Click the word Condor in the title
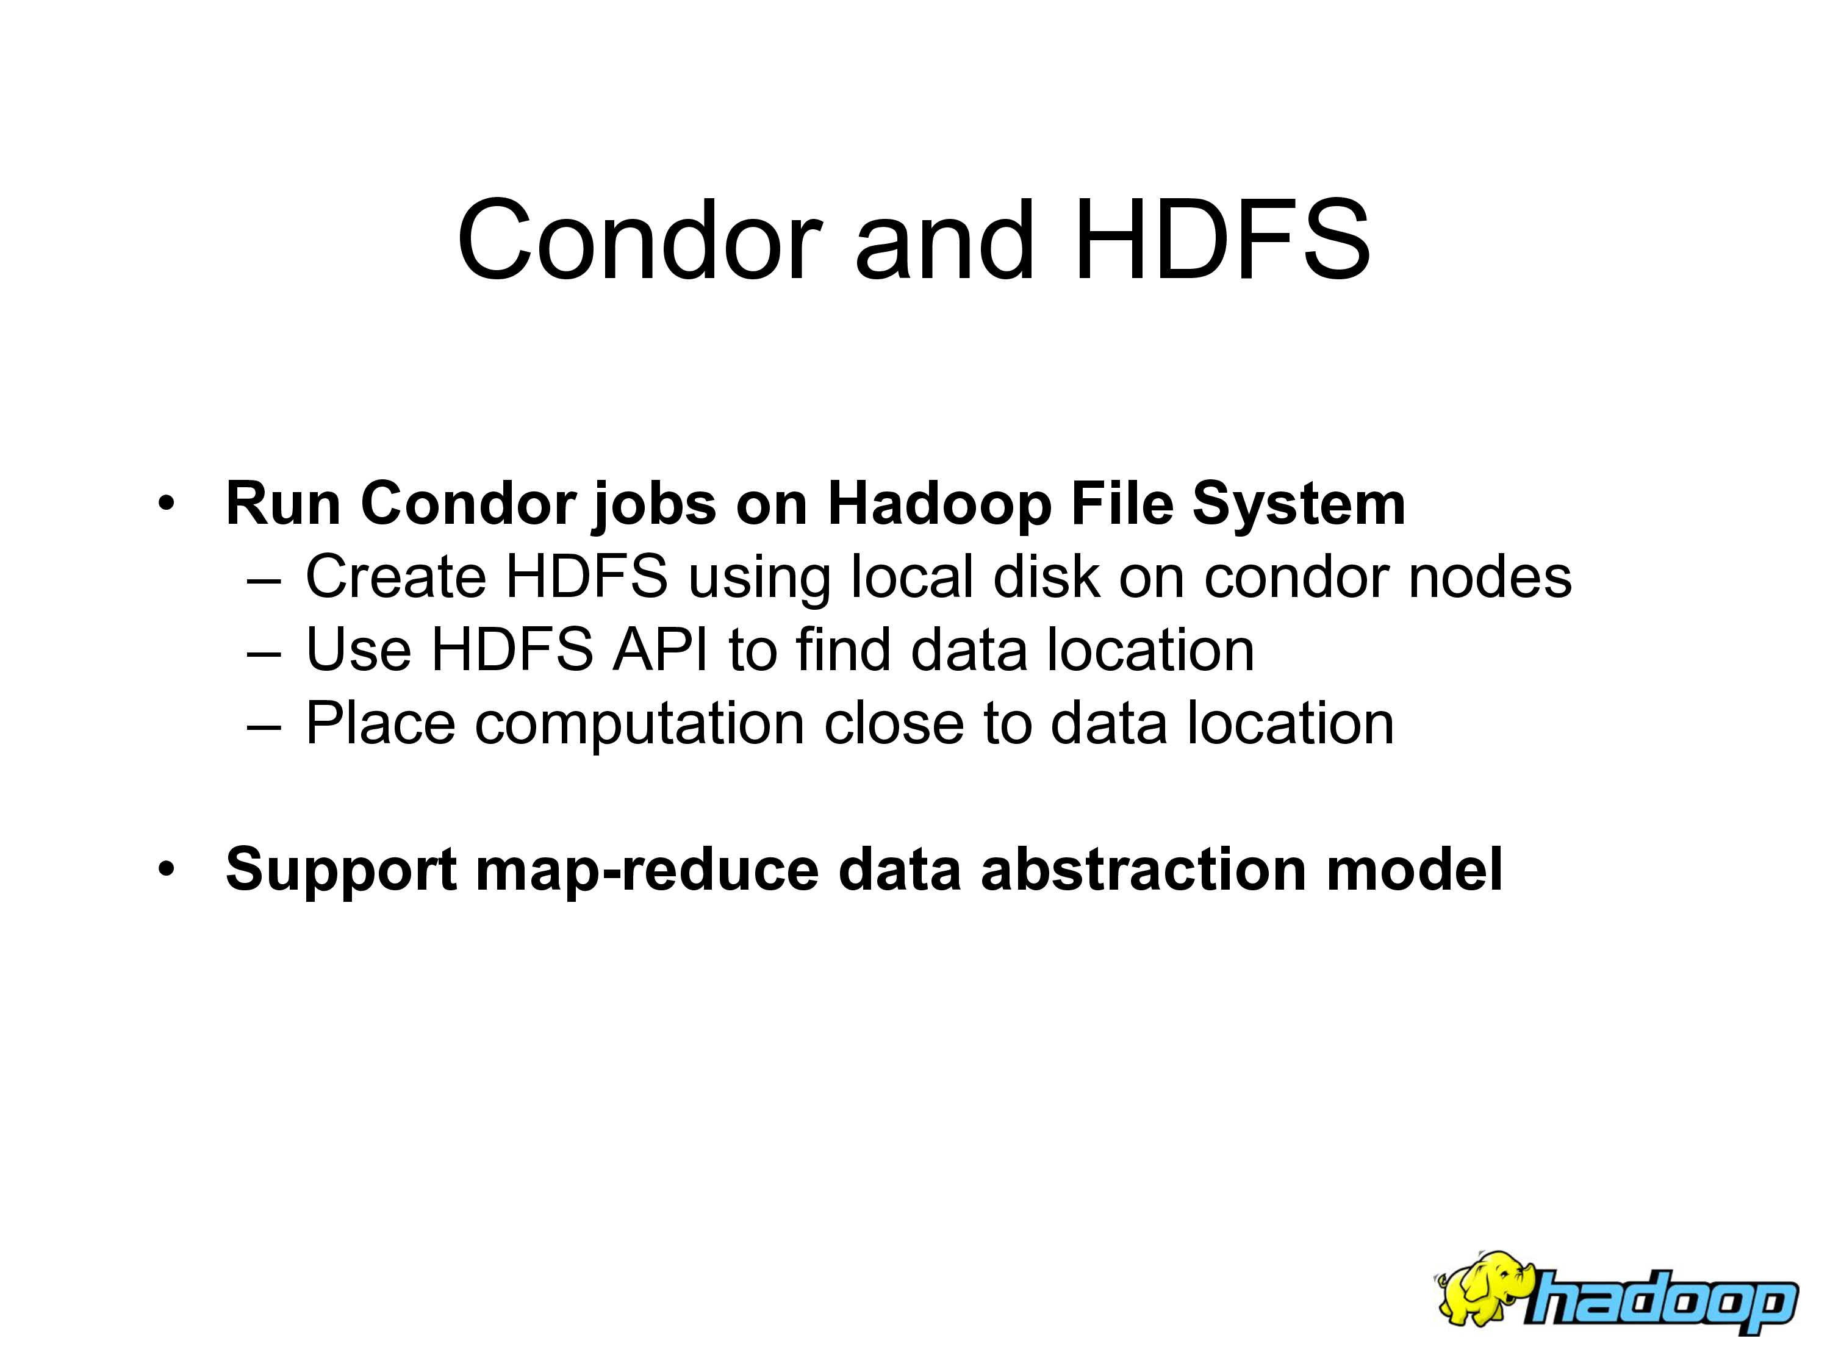coord(639,241)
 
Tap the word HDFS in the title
coord(1222,241)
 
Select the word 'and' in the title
coord(945,241)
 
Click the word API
coord(660,650)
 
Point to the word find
coord(843,650)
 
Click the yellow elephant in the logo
coord(1485,1288)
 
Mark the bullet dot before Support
coord(167,869)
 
